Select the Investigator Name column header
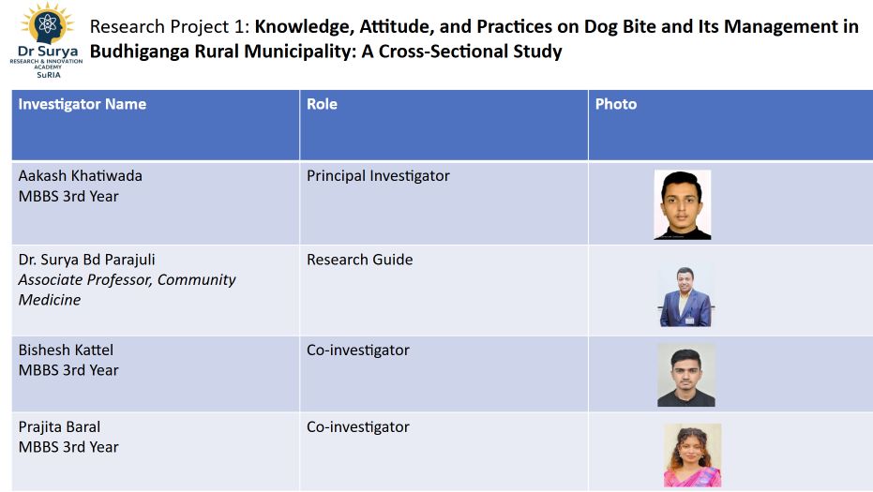click(83, 104)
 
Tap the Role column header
click(322, 104)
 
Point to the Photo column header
click(615, 104)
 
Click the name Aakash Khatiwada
click(81, 175)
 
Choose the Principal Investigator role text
click(378, 175)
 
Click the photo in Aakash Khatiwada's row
click(682, 204)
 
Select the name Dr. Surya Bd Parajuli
click(87, 260)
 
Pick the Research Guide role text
click(359, 260)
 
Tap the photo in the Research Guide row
click(685, 296)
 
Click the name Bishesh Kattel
click(66, 350)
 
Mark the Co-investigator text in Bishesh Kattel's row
click(357, 350)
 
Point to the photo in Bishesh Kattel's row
click(685, 375)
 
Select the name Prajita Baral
click(61, 426)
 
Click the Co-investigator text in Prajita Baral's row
click(357, 426)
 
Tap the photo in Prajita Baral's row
click(692, 455)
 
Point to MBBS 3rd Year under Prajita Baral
click(68, 447)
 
